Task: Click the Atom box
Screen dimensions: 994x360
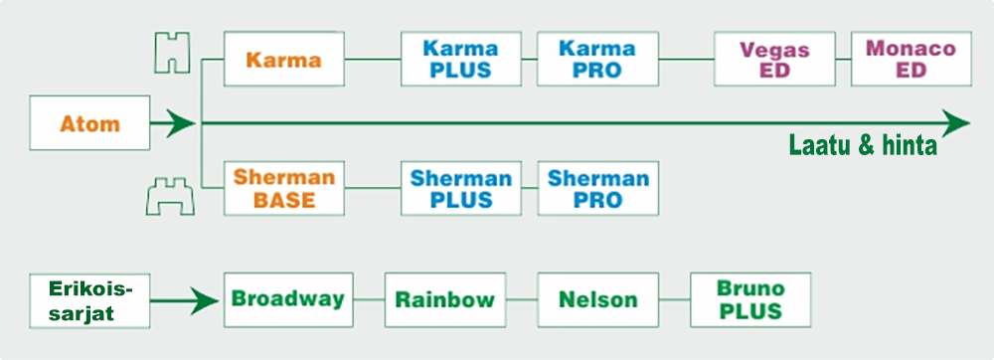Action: (x=89, y=123)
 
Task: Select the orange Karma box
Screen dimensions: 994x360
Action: (x=284, y=59)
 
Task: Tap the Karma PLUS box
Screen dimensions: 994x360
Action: (x=461, y=59)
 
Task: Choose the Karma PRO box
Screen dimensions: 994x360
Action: (x=597, y=59)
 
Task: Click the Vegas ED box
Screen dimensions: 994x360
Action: (x=774, y=59)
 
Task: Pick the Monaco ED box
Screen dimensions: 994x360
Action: (x=911, y=59)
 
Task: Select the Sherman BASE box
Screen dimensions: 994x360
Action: (x=284, y=188)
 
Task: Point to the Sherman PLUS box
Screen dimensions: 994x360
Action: (x=461, y=188)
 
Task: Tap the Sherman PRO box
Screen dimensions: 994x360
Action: (x=597, y=188)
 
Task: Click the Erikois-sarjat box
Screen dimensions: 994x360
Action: (x=89, y=300)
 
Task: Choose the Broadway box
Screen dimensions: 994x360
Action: (x=288, y=299)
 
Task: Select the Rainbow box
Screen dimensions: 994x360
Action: (x=445, y=299)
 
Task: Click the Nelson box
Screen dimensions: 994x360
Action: (x=597, y=299)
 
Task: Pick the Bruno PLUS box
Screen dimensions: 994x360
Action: (x=750, y=299)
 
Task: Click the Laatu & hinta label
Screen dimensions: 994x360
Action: (x=863, y=146)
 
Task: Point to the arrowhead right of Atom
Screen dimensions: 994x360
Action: (x=182, y=123)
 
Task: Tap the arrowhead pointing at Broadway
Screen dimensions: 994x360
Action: (x=206, y=300)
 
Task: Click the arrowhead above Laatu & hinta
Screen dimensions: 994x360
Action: (x=956, y=123)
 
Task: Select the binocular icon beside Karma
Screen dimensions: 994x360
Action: (x=172, y=52)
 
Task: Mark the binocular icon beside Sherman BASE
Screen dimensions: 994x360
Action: (x=170, y=197)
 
